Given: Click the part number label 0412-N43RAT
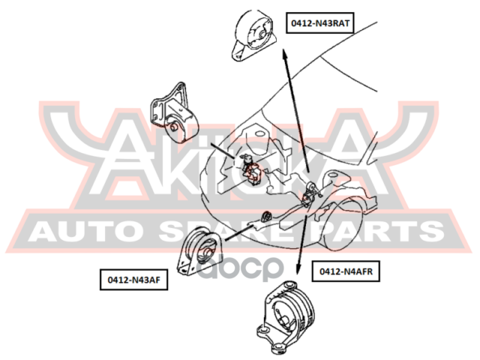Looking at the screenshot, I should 320,23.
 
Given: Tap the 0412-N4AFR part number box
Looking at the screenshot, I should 348,270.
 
